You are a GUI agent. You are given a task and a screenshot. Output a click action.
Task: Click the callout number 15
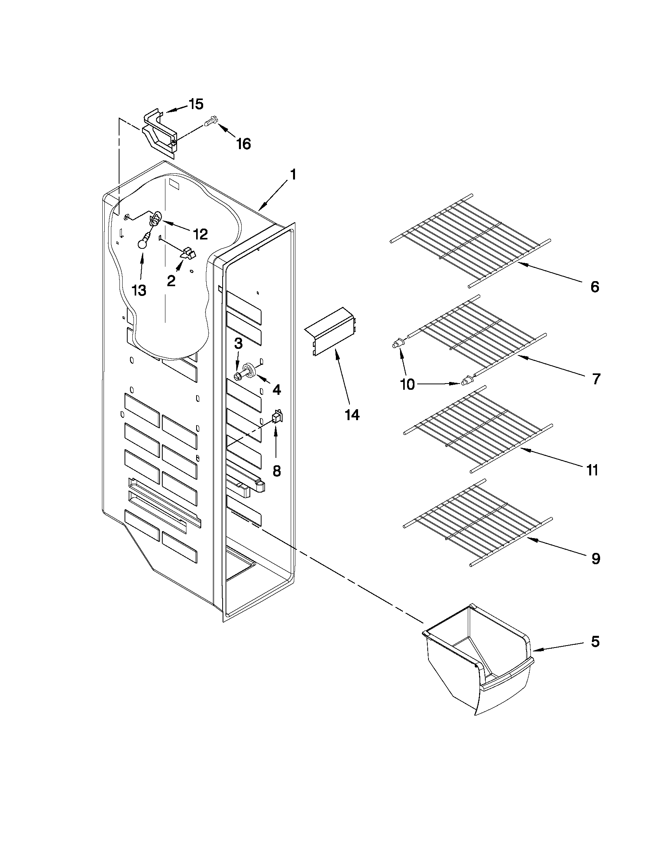[196, 104]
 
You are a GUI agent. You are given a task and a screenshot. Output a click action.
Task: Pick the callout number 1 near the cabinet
[293, 175]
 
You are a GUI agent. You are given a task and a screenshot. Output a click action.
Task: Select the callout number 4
[276, 389]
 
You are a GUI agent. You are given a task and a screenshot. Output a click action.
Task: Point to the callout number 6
[595, 287]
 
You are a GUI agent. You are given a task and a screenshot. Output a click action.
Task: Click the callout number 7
[596, 379]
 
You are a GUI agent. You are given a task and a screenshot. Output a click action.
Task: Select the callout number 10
[408, 385]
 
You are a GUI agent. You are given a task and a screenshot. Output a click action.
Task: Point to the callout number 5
[595, 642]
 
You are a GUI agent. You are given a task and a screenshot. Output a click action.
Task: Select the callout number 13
[139, 290]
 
